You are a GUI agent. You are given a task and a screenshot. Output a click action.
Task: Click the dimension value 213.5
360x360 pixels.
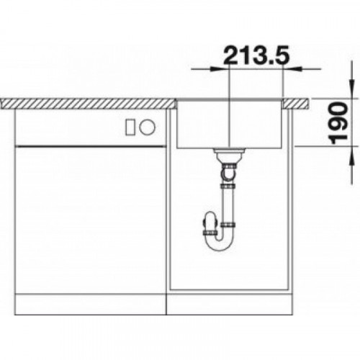click(256, 55)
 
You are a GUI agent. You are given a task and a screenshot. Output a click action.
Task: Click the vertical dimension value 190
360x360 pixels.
click(339, 123)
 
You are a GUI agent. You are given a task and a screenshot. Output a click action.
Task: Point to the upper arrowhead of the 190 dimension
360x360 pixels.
click(351, 89)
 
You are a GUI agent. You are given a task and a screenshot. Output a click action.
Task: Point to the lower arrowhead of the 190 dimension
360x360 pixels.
click(351, 155)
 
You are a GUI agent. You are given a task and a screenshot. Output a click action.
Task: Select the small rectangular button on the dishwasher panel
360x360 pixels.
click(130, 127)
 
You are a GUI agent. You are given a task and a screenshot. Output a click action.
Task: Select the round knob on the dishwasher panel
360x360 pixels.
click(148, 127)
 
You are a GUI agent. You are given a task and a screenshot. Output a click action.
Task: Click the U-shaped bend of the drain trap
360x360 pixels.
click(220, 243)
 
